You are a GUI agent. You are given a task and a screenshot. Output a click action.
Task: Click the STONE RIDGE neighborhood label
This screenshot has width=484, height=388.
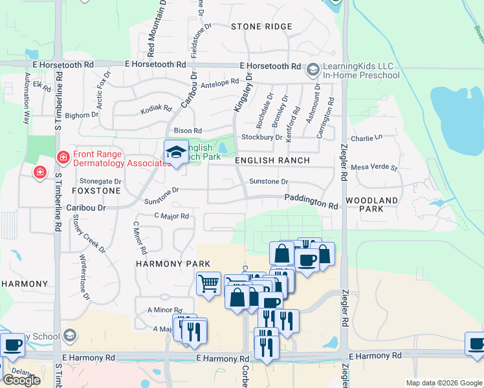pyautogui.click(x=262, y=27)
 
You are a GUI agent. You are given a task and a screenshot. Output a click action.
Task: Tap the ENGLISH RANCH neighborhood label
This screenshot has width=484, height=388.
pyautogui.click(x=272, y=160)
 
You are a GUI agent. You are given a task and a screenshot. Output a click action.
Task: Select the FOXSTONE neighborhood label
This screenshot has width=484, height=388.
pyautogui.click(x=96, y=191)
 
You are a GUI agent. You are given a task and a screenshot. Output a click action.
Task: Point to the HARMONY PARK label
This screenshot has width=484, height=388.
pyautogui.click(x=164, y=264)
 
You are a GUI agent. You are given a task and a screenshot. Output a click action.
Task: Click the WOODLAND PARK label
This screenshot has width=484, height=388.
pyautogui.click(x=371, y=205)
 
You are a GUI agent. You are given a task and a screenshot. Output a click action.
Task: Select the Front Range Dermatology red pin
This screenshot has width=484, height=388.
pyautogui.click(x=63, y=157)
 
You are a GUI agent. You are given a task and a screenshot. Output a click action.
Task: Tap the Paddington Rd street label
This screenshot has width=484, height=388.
pyautogui.click(x=311, y=202)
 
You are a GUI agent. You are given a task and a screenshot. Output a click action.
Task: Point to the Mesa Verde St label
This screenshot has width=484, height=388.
pyautogui.click(x=374, y=167)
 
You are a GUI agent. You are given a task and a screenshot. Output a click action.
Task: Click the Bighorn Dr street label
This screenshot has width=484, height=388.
pyautogui.click(x=82, y=115)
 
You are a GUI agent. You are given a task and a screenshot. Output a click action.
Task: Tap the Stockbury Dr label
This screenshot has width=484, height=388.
pyautogui.click(x=261, y=137)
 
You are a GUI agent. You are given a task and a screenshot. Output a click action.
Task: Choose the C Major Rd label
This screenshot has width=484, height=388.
pyautogui.click(x=171, y=216)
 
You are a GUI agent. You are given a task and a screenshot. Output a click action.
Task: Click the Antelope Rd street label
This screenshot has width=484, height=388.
pyautogui.click(x=221, y=83)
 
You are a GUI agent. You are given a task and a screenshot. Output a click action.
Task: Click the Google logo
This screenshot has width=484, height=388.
pyautogui.click(x=21, y=380)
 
